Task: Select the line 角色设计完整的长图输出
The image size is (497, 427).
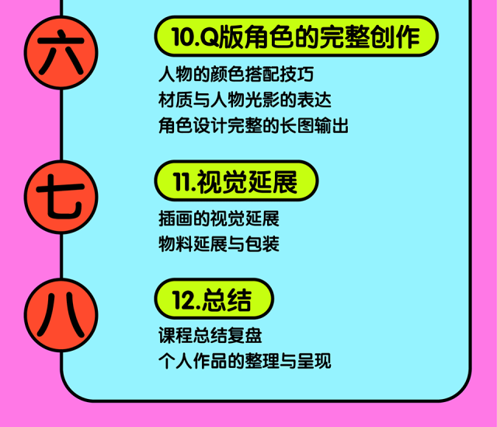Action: click(252, 125)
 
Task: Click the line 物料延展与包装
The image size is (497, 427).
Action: click(218, 243)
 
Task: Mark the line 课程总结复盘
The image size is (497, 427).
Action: click(210, 337)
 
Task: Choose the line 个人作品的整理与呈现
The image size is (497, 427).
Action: click(244, 362)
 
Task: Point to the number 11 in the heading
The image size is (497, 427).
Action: click(181, 181)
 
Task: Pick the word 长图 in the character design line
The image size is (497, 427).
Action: click(300, 125)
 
